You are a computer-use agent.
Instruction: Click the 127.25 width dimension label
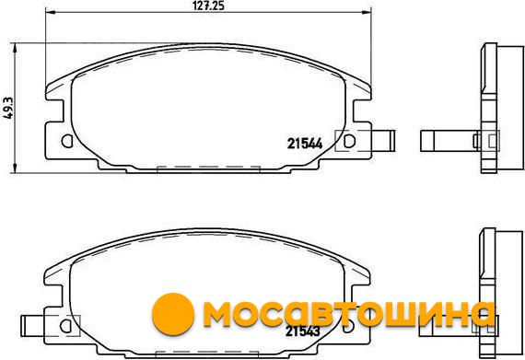tap(207, 6)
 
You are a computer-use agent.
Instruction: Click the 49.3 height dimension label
tap(7, 108)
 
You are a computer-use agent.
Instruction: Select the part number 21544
tap(305, 144)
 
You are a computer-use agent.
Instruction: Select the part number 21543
tap(303, 331)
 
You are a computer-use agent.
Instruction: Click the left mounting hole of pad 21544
tap(67, 140)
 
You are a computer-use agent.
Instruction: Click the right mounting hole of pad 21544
tap(349, 141)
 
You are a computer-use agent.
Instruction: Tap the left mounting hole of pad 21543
tap(65, 325)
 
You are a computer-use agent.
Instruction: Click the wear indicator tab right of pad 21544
tap(383, 141)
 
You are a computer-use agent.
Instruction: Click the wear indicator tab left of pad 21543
tap(33, 324)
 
